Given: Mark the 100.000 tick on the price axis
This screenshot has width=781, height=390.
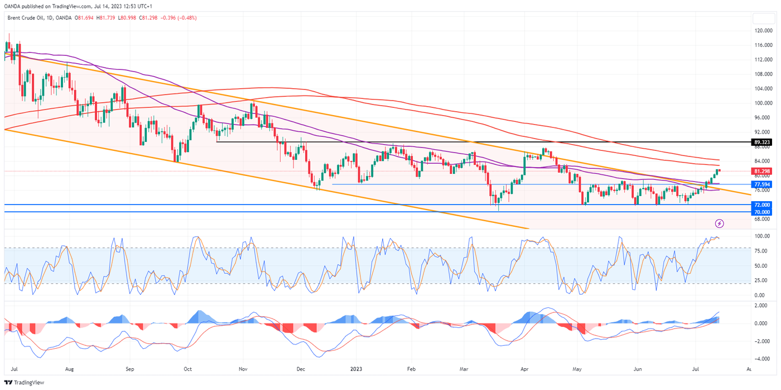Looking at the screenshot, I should pos(763,103).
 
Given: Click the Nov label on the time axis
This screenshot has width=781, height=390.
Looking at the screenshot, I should pos(243,369).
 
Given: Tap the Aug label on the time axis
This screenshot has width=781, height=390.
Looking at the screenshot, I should pos(69,369).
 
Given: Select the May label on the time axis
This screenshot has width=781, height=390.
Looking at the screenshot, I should pos(577,369).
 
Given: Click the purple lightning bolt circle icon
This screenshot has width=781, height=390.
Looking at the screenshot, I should pos(720,223).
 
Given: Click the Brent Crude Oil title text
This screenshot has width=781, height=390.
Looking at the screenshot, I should pos(26,18).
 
